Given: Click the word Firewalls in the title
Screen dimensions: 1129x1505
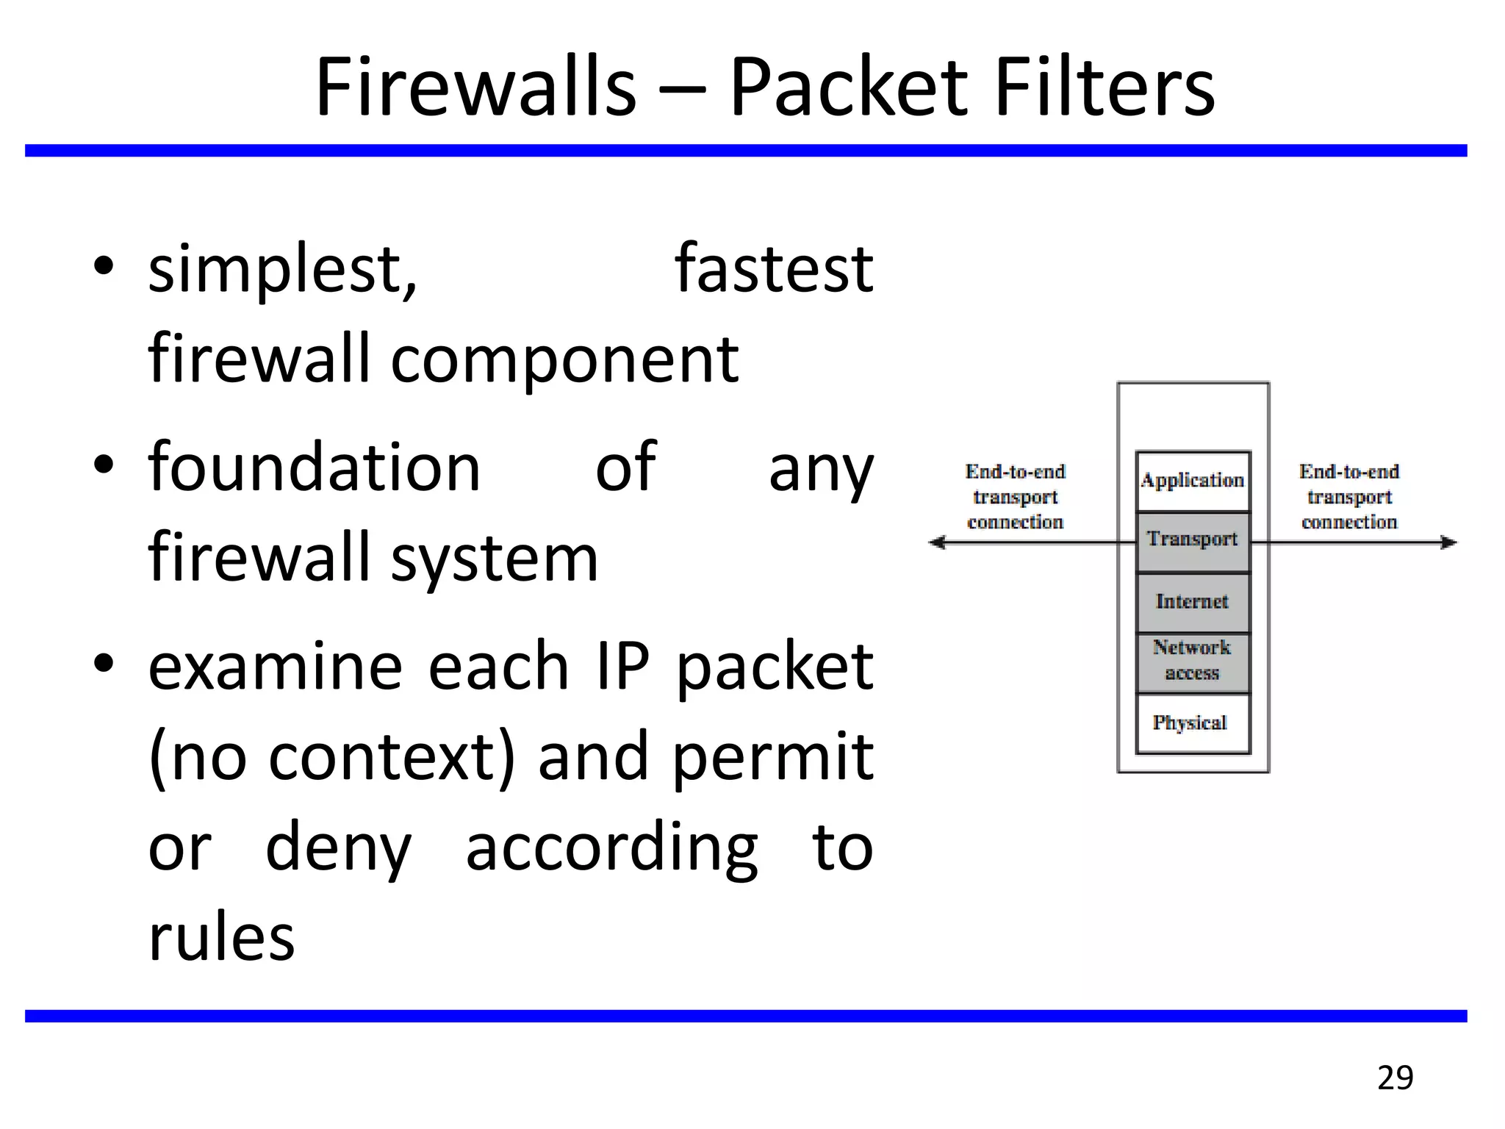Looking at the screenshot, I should click(475, 88).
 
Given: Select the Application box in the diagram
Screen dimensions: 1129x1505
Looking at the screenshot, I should click(1192, 481).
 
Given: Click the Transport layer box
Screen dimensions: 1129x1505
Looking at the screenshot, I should click(1192, 540).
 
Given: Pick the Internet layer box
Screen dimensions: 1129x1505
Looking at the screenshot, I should click(1192, 601).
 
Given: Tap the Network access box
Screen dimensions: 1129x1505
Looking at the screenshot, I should click(1192, 661).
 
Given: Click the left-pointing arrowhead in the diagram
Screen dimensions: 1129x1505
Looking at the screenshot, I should click(937, 542).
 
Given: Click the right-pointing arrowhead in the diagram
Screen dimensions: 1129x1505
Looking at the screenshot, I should click(1448, 542).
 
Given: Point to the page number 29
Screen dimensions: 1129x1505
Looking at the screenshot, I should click(1395, 1078).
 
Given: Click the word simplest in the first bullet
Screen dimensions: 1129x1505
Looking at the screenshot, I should click(283, 270).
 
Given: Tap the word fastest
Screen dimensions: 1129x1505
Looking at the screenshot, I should click(774, 269).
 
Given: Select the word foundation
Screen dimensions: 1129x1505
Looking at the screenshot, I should click(314, 467).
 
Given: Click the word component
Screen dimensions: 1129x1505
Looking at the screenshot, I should click(564, 360).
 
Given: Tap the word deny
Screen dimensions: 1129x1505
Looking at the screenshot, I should click(338, 849).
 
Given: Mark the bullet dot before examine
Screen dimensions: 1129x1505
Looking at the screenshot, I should click(104, 664).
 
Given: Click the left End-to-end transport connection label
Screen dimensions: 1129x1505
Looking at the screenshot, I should click(1015, 497).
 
